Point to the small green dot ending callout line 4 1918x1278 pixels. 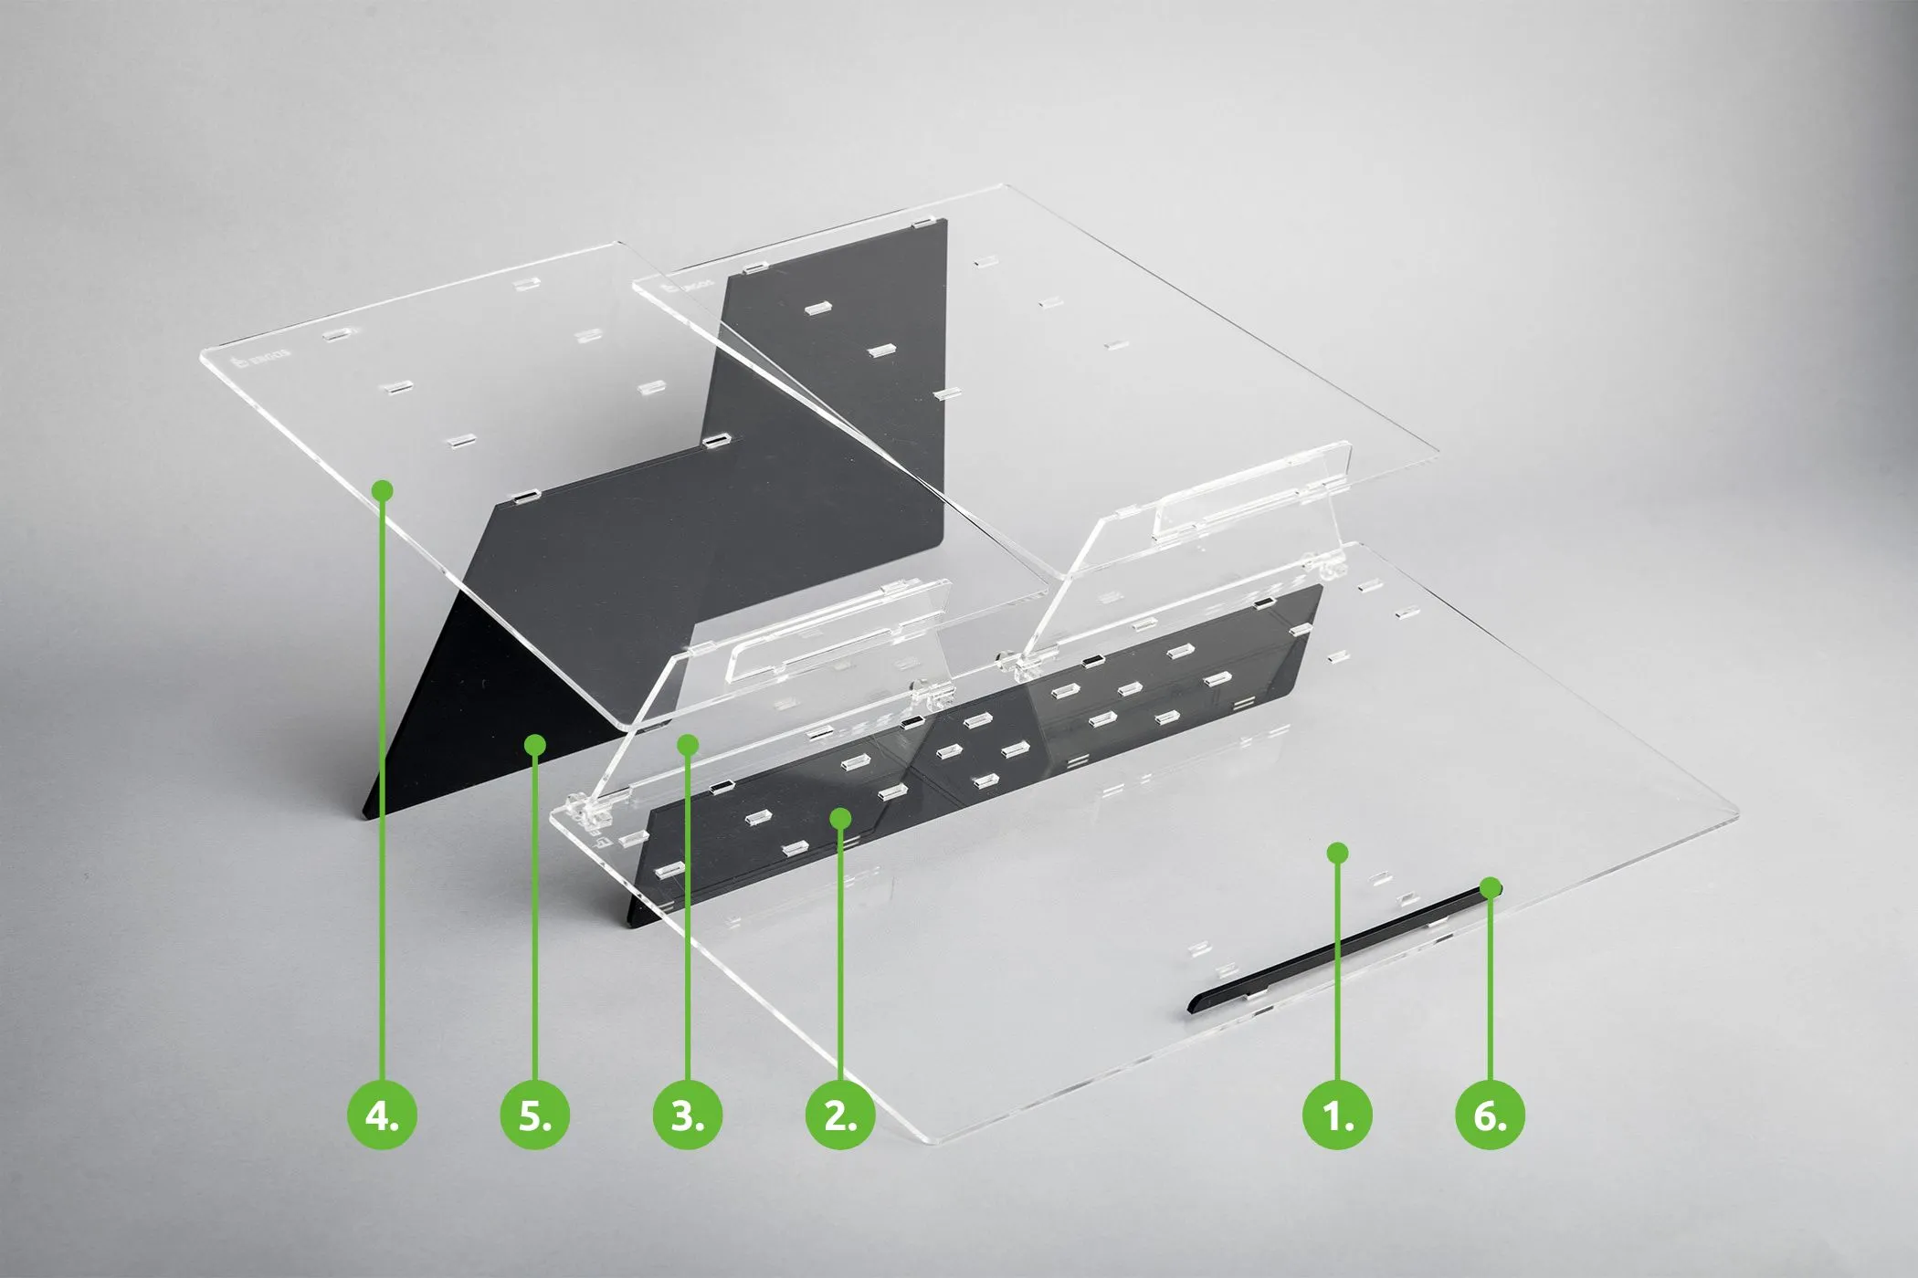point(383,490)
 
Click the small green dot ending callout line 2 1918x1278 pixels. point(841,817)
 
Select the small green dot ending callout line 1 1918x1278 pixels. point(1337,853)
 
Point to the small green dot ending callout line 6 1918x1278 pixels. point(1491,885)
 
